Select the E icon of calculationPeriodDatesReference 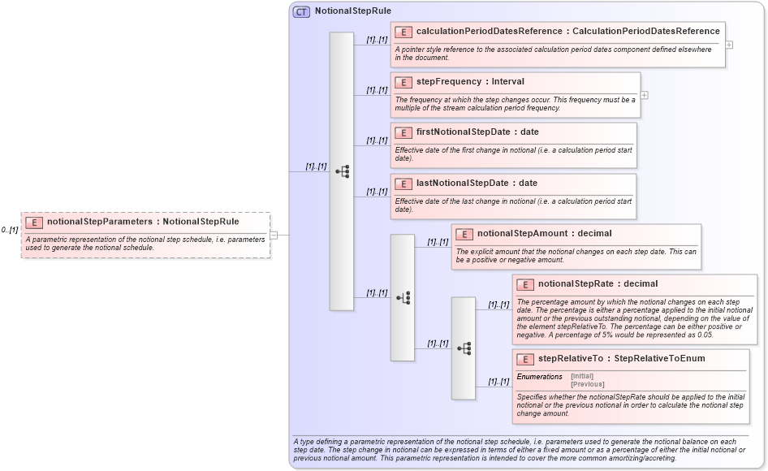pos(403,32)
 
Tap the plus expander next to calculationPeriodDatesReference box pos(729,45)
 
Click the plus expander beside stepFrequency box pos(644,95)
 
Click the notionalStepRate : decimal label pos(598,283)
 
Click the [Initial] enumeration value pos(582,376)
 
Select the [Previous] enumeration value pos(588,384)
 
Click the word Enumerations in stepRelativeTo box pos(539,377)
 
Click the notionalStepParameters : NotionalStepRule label pos(143,221)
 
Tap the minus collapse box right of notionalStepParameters pos(274,235)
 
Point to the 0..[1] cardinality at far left pos(10,230)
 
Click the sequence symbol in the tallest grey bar pos(342,171)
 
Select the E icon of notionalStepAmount pos(464,234)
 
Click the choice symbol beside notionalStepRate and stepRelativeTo pos(464,348)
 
